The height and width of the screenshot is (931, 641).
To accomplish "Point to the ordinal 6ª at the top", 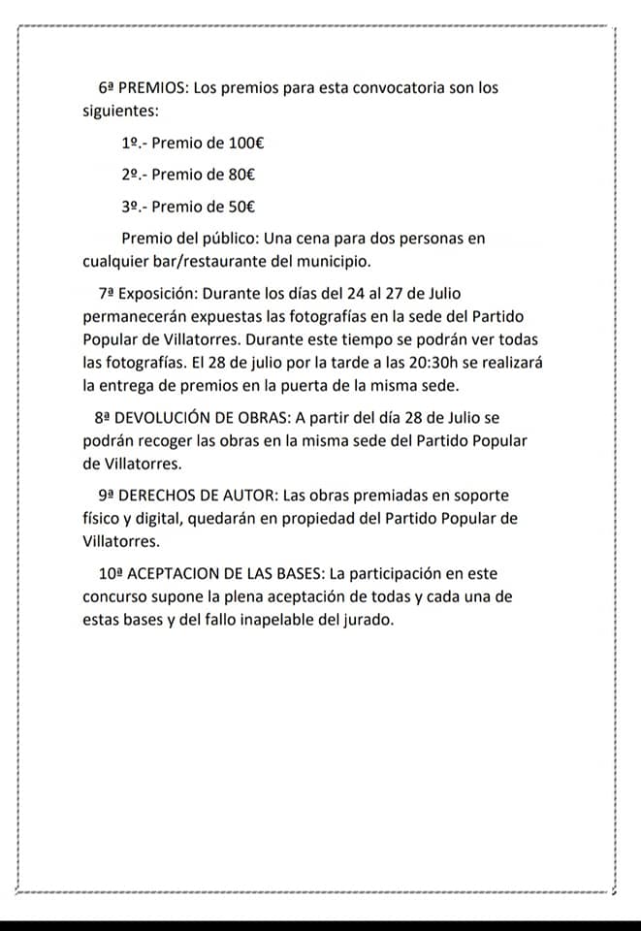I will (x=107, y=87).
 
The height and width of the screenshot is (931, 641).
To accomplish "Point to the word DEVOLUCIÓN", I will (x=164, y=418).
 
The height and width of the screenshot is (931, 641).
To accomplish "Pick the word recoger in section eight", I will (x=160, y=441).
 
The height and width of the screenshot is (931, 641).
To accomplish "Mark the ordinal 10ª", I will (x=111, y=574).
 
